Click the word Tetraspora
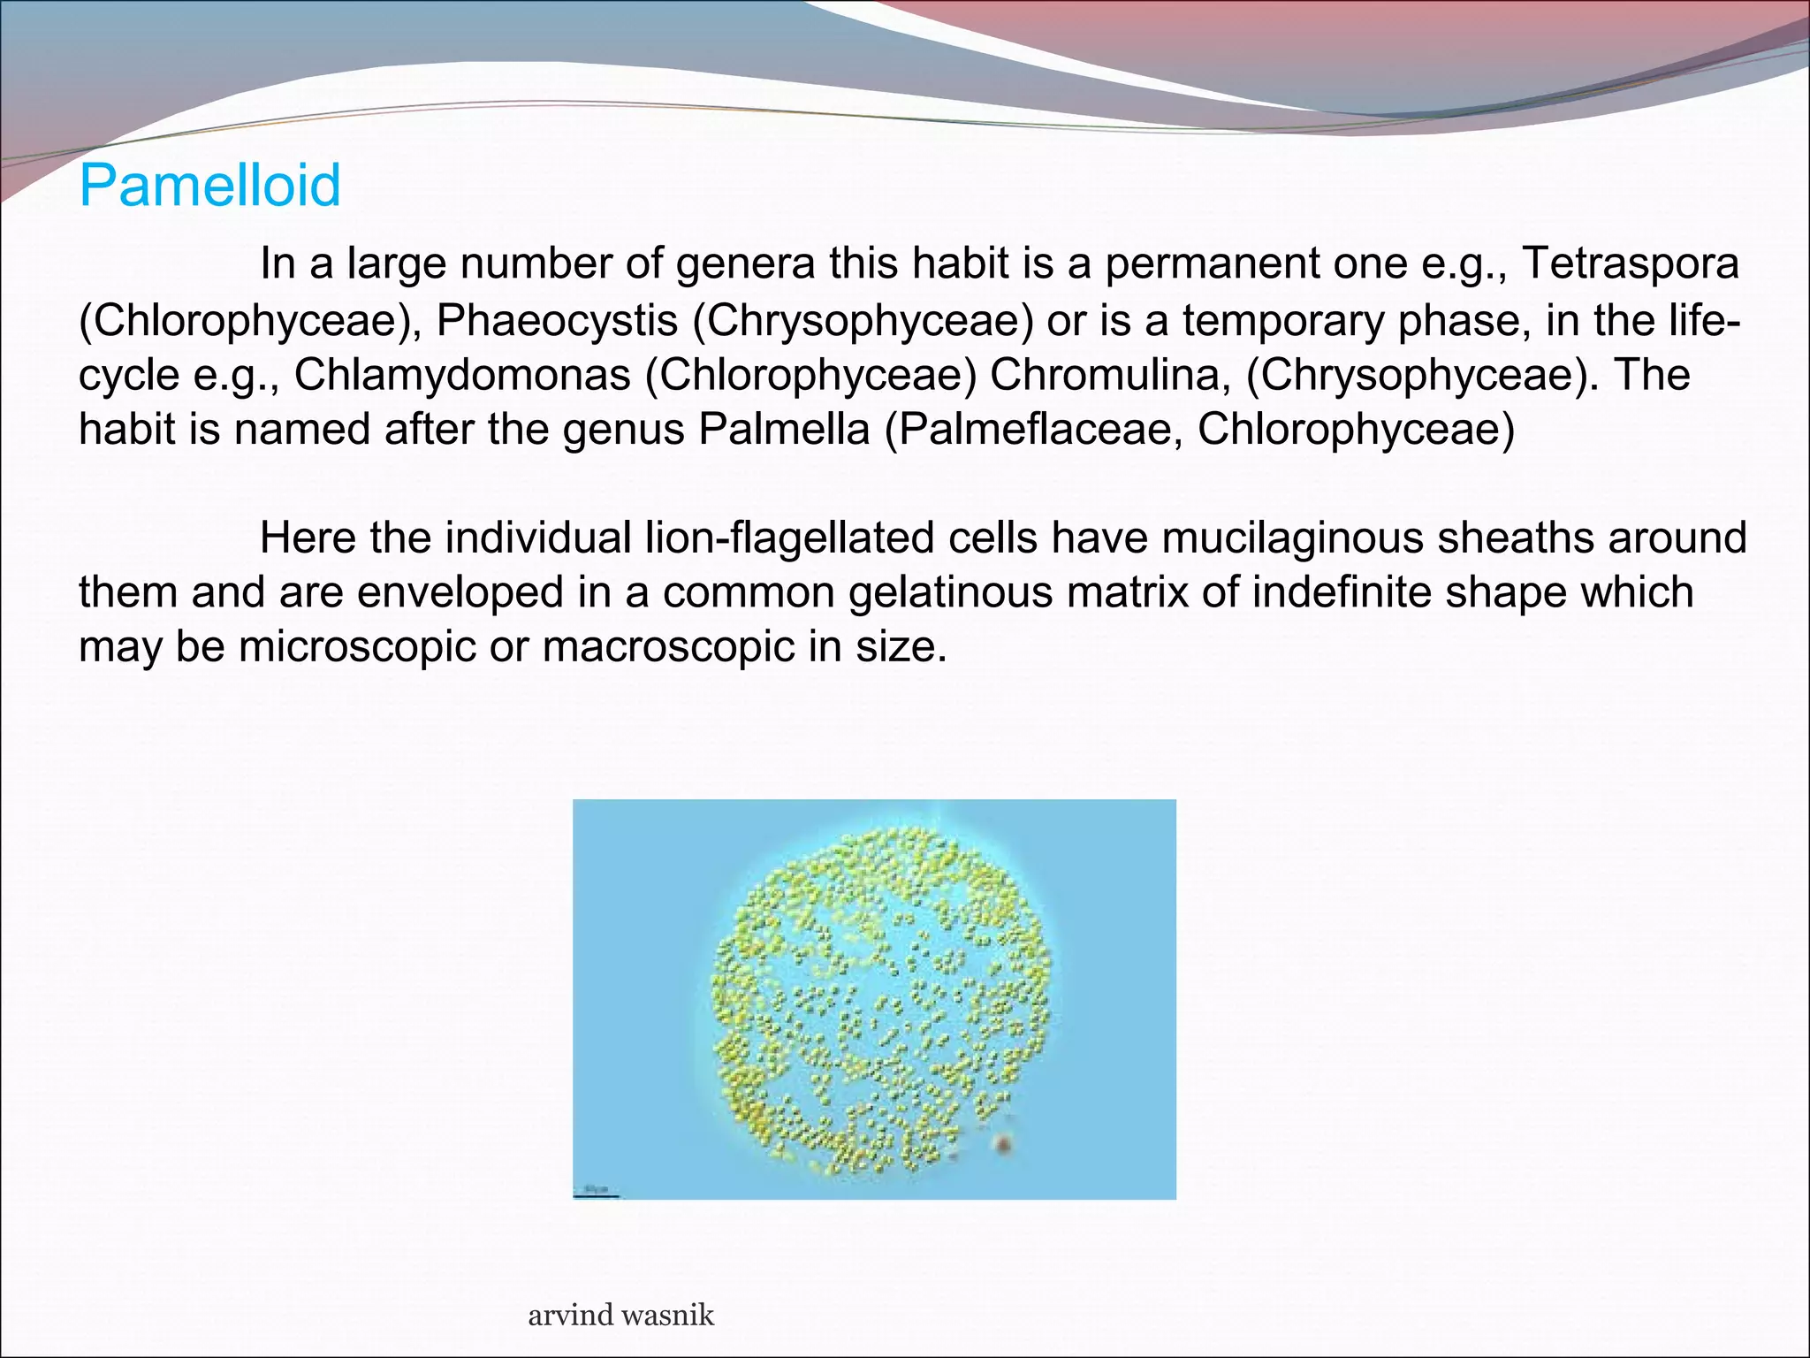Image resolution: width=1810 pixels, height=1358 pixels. [x=1631, y=263]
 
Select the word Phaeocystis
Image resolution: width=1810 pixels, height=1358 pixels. [x=557, y=320]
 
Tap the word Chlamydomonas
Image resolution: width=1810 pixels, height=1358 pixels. [x=462, y=375]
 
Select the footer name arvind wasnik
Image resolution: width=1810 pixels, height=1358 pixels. [x=620, y=1315]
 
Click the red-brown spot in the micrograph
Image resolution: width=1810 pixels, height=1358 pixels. [x=1002, y=1145]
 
